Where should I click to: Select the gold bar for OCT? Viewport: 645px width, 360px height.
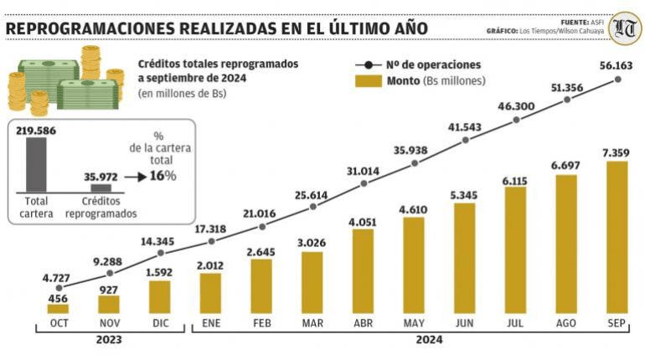click(58, 308)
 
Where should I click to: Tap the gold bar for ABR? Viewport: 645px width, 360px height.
click(363, 271)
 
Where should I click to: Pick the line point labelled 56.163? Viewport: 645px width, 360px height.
click(618, 79)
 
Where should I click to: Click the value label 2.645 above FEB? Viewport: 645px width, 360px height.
click(261, 251)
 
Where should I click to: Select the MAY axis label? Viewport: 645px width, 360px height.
click(414, 323)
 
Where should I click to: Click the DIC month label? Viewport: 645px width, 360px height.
click(160, 323)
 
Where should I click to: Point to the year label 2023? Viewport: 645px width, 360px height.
click(108, 340)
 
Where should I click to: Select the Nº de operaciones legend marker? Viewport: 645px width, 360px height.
click(366, 64)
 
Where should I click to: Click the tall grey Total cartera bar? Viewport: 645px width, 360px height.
click(37, 165)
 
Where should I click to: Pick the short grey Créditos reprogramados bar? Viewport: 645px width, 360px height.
click(101, 188)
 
